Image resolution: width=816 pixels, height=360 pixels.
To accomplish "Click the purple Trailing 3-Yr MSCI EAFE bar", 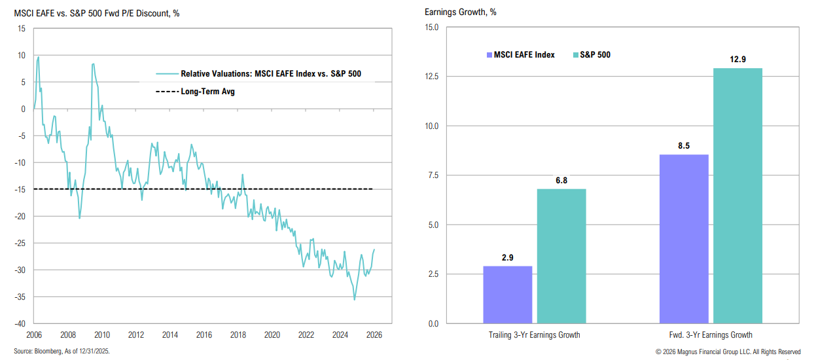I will coord(507,295).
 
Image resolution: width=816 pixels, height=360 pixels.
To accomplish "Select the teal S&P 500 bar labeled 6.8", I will coord(561,256).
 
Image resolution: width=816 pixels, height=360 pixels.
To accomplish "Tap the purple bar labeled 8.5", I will coord(683,239).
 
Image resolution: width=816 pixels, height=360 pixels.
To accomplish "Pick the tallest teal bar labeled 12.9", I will coord(737,196).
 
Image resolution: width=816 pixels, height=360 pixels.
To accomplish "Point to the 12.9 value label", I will coord(737,59).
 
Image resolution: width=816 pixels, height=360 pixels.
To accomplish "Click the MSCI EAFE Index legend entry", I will coord(520,55).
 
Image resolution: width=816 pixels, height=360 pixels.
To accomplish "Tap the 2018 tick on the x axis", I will coord(238,334).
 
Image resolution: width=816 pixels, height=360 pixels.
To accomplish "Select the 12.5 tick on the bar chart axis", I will coord(431,77).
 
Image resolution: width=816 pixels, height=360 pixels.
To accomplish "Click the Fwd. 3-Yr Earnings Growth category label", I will coord(710,335).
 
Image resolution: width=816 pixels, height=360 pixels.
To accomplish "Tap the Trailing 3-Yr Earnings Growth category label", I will coord(534,335).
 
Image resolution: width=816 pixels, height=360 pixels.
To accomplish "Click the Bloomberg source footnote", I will coord(63,351).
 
